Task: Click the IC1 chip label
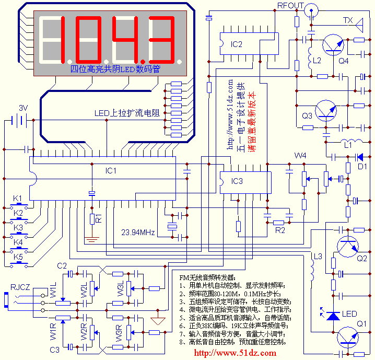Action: (111, 170)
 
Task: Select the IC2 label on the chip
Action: (237, 44)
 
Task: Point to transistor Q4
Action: (332, 45)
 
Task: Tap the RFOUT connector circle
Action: (312, 9)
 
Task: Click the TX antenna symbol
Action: (360, 23)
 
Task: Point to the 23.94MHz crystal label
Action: (138, 232)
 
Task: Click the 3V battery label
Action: (23, 108)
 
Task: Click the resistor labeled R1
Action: (92, 218)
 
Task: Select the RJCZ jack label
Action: (21, 287)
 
